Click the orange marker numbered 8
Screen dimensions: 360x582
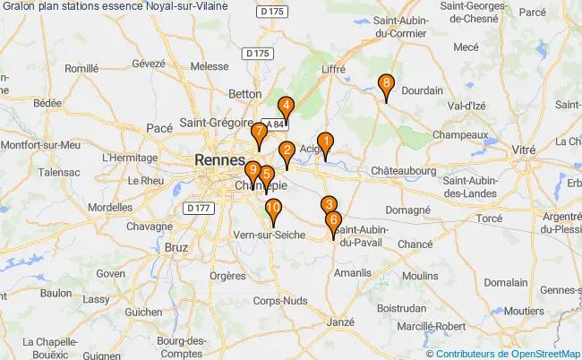pyautogui.click(x=385, y=86)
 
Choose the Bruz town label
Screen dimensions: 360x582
pyautogui.click(x=175, y=245)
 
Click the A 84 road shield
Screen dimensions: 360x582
pyautogui.click(x=271, y=124)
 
